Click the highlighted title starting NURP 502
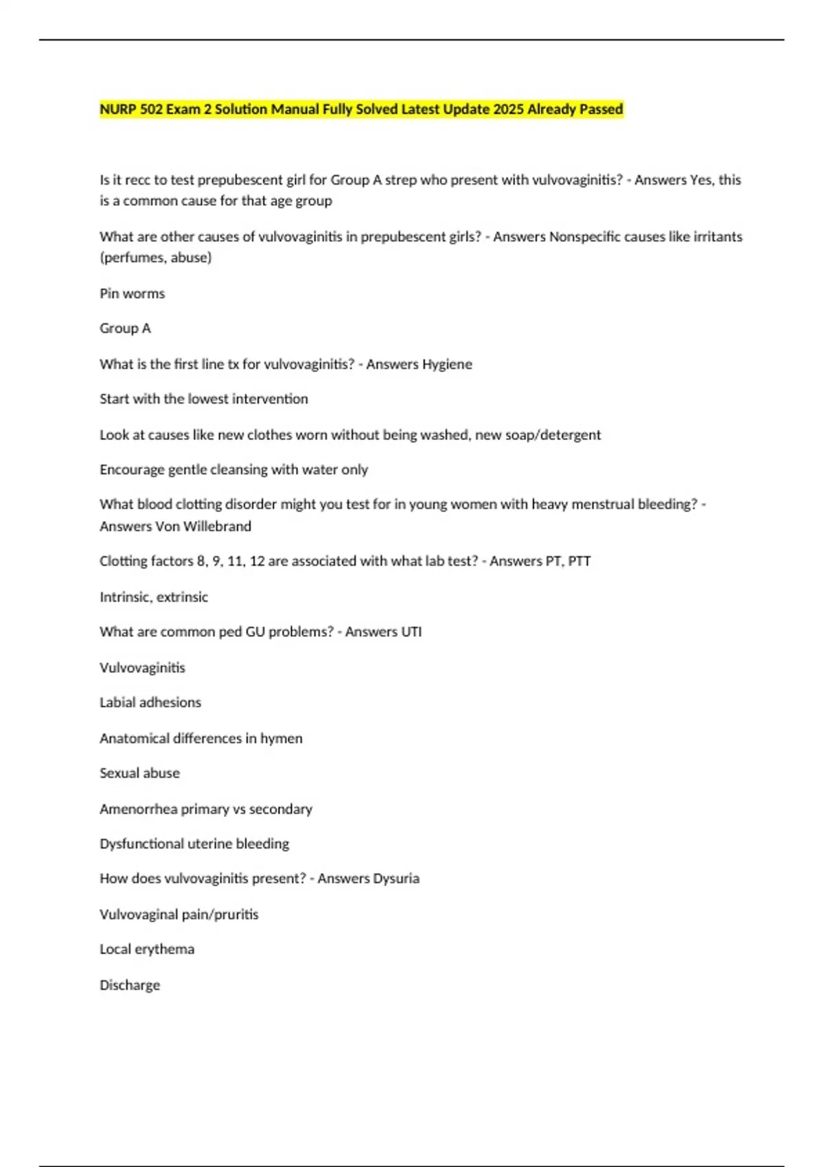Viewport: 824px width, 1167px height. [x=361, y=109]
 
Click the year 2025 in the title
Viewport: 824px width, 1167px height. [x=508, y=109]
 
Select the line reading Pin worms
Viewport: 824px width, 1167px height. [x=133, y=294]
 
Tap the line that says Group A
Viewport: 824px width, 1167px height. [x=125, y=329]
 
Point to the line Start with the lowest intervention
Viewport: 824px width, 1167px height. [x=204, y=399]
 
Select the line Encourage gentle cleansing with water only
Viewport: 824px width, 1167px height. [x=233, y=470]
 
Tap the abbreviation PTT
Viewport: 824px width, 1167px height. [x=580, y=562]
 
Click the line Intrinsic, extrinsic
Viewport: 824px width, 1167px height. [x=154, y=597]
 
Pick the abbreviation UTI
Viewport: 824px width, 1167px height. [x=411, y=632]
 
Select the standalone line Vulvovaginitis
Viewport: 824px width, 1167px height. [x=142, y=668]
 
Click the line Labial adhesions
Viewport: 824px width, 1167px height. [x=150, y=702]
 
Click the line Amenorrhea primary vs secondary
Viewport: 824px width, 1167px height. [x=206, y=809]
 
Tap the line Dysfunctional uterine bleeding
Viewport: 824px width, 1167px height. [x=194, y=844]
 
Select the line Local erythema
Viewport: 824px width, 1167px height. [x=147, y=949]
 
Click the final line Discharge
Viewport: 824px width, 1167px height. [x=130, y=985]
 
